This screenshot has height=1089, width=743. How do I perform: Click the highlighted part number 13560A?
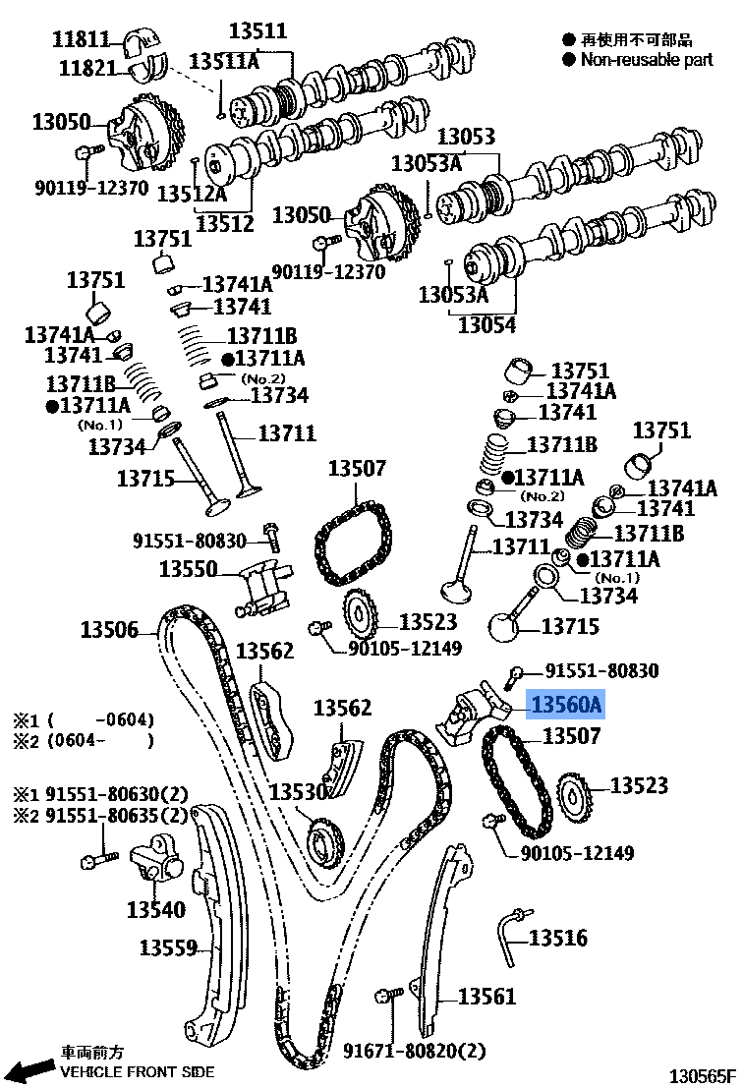point(566,705)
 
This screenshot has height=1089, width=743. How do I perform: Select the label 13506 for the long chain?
point(109,630)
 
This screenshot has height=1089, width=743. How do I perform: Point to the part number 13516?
point(558,939)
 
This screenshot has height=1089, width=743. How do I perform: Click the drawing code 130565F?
point(702,1076)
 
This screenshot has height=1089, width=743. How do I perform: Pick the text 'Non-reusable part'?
point(646,60)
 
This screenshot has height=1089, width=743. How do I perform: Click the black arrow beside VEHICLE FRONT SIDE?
point(29,1069)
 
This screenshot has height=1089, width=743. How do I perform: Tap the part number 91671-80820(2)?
point(414,1051)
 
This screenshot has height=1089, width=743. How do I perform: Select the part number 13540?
point(155,910)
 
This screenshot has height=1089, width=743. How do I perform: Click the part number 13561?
point(486,997)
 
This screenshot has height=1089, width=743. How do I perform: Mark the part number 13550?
point(188,569)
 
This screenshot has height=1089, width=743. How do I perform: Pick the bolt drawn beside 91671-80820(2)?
point(388,999)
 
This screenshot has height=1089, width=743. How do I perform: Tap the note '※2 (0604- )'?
point(84,741)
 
